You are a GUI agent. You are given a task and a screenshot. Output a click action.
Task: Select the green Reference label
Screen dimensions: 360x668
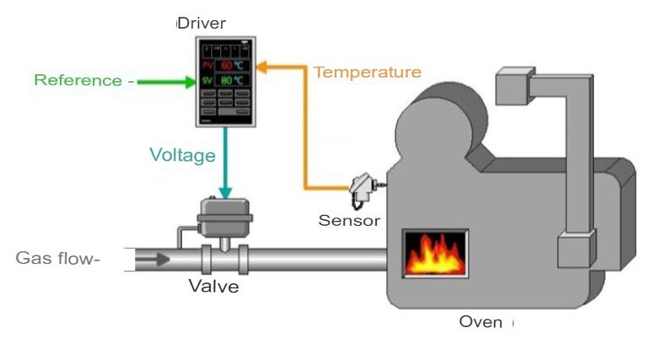point(78,81)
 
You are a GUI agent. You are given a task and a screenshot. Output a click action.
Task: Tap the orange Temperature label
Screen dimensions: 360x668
point(367,73)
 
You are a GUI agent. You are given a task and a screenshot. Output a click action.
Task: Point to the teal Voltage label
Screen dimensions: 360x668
point(182,155)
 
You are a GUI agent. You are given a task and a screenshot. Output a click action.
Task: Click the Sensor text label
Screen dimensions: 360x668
point(349,221)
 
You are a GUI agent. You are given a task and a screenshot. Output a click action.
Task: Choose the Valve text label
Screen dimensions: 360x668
point(213,287)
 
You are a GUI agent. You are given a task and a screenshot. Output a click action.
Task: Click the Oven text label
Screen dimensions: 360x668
point(480,322)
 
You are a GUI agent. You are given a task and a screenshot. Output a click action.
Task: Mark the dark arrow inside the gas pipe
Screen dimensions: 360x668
point(156,258)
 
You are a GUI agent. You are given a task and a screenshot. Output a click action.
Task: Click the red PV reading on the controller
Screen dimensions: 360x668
point(226,65)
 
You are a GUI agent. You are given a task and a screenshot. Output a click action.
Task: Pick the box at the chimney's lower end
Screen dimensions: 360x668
point(577,250)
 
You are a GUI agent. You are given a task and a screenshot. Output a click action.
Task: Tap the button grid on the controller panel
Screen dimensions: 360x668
point(224,104)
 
